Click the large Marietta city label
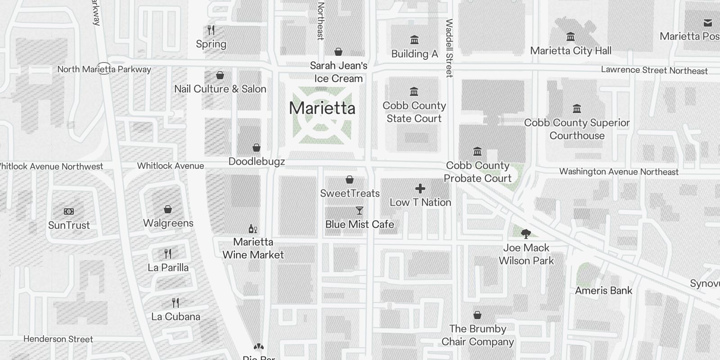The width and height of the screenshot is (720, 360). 322,108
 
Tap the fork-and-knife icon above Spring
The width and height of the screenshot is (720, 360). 211,30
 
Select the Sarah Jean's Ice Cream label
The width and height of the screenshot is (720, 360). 338,72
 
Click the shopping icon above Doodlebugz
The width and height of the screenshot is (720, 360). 256,148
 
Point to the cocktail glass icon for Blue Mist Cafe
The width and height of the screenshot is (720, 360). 359,211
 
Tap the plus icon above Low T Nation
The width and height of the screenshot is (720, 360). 420,189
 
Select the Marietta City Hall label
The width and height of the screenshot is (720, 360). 571,51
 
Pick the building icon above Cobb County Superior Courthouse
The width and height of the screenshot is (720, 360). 577,109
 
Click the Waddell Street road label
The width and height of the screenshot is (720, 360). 449,48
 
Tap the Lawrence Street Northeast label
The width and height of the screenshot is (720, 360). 654,70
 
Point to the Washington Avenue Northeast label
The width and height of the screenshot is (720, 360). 619,171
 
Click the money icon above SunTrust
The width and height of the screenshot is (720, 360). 69,211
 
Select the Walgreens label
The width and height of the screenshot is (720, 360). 168,223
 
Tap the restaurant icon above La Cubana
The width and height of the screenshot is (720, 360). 175,303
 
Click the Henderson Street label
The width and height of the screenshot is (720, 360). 58,339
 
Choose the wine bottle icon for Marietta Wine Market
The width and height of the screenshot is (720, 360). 253,229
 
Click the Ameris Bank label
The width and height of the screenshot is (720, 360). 603,291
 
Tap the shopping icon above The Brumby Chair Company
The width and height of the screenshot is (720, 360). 477,315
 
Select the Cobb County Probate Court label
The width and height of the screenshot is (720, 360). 477,172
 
